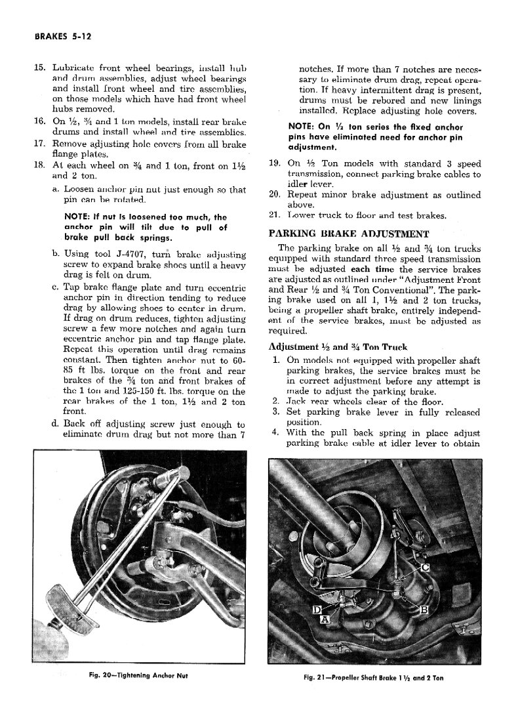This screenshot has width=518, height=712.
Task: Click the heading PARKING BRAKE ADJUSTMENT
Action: [x=349, y=233]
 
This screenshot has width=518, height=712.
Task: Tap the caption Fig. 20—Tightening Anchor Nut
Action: [x=144, y=675]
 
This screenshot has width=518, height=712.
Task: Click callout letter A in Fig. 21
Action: [x=325, y=619]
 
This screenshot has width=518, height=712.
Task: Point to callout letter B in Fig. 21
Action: [x=424, y=611]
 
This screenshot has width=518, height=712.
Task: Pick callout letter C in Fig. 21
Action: [x=425, y=567]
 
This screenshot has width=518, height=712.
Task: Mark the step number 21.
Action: [x=275, y=215]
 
